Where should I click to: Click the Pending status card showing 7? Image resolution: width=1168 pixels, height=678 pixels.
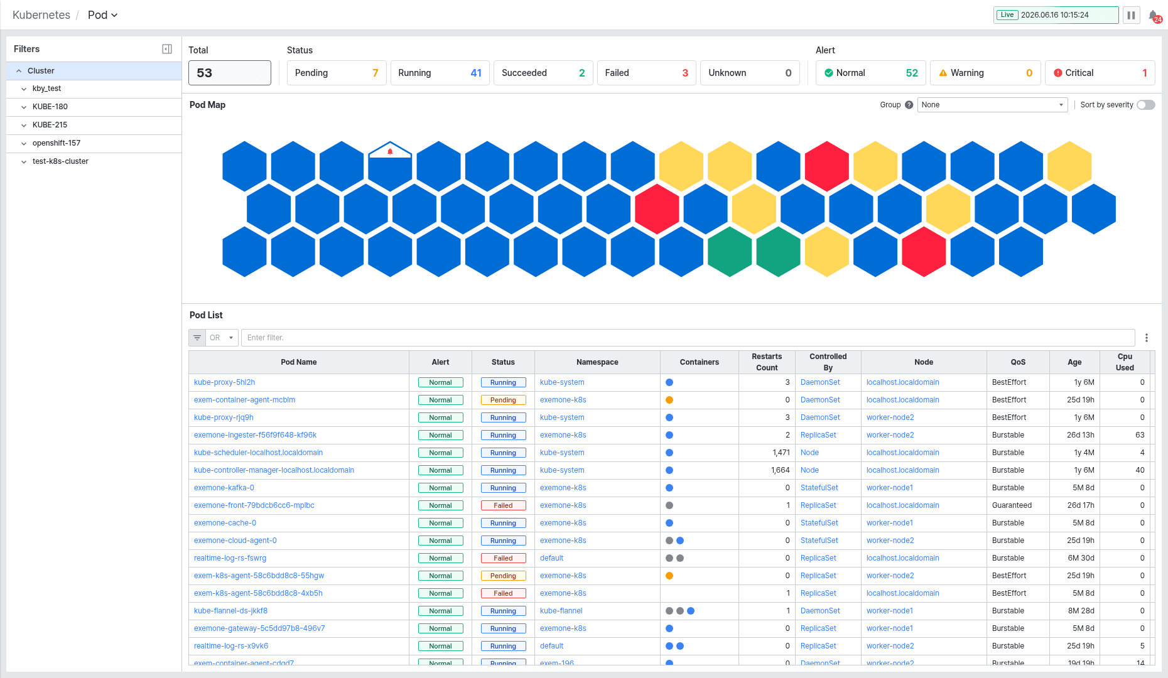[x=336, y=73]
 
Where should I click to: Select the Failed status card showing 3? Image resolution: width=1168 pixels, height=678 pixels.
[x=646, y=73]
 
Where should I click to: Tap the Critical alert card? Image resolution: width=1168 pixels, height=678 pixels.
[x=1100, y=73]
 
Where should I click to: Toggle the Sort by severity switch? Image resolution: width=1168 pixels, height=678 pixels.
[x=1146, y=105]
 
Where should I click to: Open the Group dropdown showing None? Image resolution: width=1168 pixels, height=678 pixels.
[x=992, y=105]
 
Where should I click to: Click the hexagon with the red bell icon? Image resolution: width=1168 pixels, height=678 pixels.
[x=390, y=166]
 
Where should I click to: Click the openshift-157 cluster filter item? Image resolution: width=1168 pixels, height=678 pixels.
[x=57, y=143]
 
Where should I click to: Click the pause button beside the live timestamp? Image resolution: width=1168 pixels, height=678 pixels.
[x=1131, y=15]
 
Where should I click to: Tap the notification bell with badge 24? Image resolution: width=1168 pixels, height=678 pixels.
[x=1154, y=16]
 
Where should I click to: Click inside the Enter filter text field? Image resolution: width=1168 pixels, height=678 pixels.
[x=688, y=338]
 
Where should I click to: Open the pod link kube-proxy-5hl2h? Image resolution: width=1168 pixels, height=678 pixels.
[x=224, y=382]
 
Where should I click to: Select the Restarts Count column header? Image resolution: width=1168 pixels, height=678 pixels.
[x=767, y=362]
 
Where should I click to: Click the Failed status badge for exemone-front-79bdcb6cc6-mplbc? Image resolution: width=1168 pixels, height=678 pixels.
[x=503, y=505]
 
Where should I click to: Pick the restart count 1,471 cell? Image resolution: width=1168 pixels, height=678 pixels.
[x=781, y=453]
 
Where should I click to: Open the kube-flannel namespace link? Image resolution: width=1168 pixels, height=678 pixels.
[x=561, y=611]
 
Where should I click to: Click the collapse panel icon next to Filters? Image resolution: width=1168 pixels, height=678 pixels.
[x=167, y=49]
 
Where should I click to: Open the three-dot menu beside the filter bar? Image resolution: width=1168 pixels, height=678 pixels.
[x=1147, y=338]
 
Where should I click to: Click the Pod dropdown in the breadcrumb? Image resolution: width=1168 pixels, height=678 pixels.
[x=102, y=15]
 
